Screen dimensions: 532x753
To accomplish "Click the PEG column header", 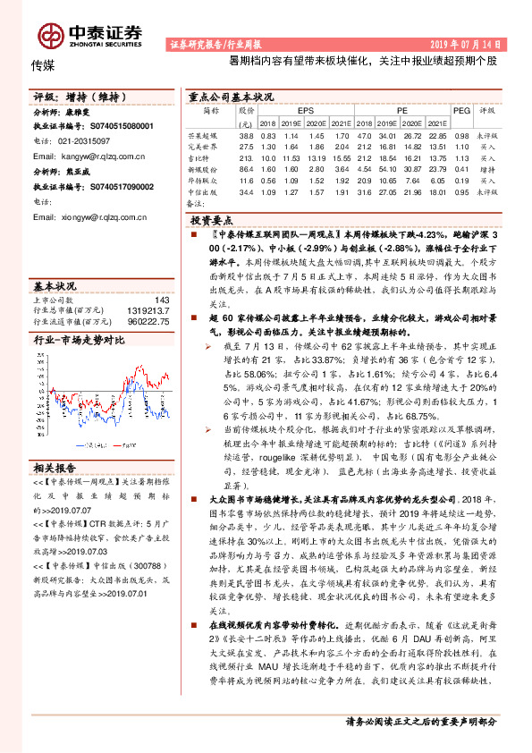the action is (461, 111).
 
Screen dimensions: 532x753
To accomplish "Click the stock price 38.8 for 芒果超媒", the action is (246, 135).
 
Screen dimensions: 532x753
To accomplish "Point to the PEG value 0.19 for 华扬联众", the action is (461, 180).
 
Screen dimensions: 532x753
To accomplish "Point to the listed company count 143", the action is (161, 300).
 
